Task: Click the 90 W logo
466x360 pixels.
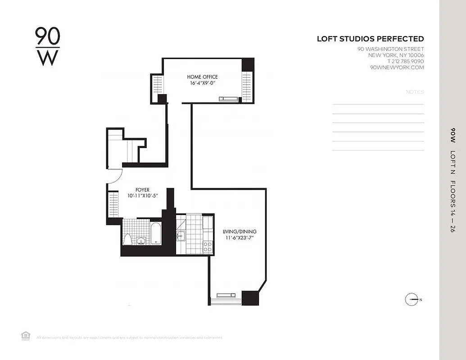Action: click(47, 46)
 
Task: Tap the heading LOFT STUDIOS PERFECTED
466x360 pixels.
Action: click(370, 39)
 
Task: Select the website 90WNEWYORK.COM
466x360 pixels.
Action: click(397, 67)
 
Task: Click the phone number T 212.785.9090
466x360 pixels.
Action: click(405, 61)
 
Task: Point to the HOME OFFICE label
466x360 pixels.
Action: click(202, 77)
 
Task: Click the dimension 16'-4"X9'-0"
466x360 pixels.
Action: click(202, 83)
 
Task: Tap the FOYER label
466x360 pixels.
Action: click(142, 190)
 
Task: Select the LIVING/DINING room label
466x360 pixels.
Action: click(240, 232)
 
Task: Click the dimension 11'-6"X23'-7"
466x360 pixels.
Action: click(240, 238)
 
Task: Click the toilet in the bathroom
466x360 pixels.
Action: click(128, 239)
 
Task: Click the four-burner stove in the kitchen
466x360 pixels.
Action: click(208, 246)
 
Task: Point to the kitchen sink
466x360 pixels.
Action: click(181, 235)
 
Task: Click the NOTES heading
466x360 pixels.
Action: click(415, 92)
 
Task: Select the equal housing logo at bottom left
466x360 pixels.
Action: click(26, 335)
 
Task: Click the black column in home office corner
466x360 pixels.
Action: click(248, 64)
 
